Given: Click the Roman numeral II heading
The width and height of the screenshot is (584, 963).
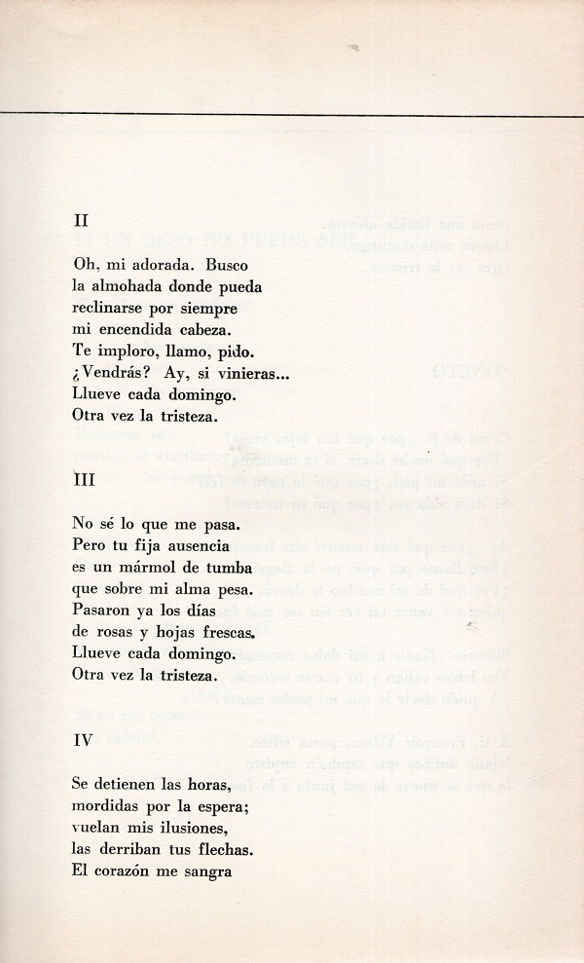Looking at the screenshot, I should point(80,220).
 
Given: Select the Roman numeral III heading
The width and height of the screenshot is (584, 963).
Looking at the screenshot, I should point(83,480).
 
